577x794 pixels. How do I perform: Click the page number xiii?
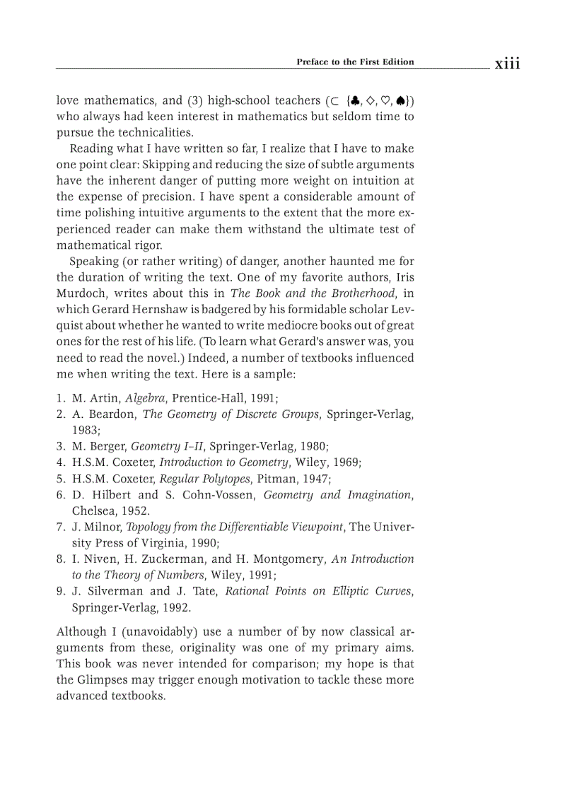[x=507, y=64]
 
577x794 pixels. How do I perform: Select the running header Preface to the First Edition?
[x=355, y=62]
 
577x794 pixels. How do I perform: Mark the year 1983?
[x=85, y=430]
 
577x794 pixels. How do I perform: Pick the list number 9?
[x=61, y=591]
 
